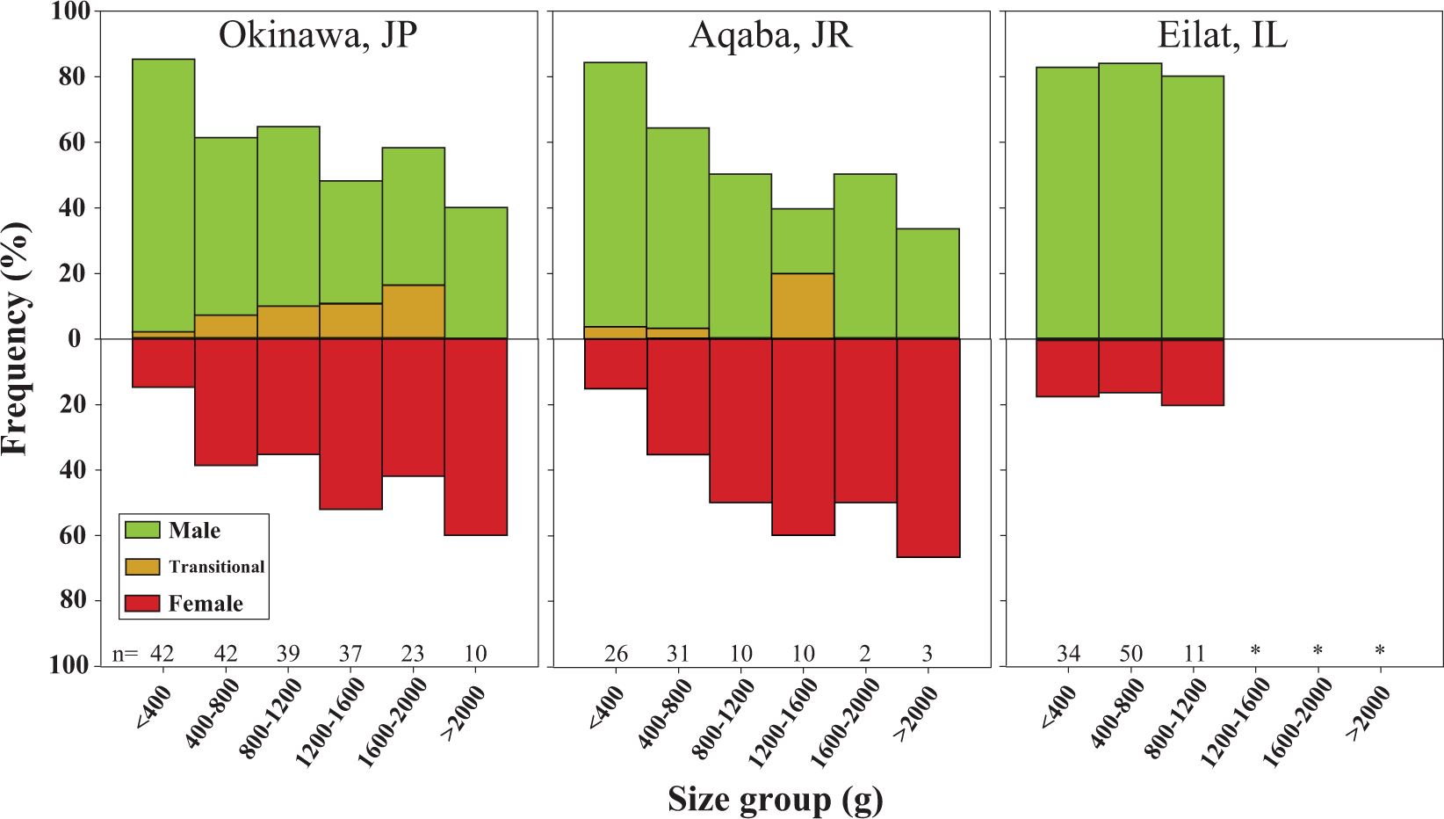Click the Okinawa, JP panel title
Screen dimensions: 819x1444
click(x=318, y=36)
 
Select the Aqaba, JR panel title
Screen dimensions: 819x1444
click(x=770, y=36)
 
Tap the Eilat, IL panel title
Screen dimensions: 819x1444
click(x=1222, y=36)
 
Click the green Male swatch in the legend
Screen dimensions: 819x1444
click(x=142, y=530)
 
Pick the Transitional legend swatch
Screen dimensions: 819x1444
click(x=142, y=567)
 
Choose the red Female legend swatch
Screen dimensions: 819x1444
click(x=142, y=604)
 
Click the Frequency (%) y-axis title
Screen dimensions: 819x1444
click(x=16, y=338)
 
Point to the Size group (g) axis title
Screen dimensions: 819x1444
click(x=775, y=800)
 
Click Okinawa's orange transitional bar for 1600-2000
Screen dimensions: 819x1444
click(x=413, y=312)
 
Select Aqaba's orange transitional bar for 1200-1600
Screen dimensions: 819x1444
click(x=803, y=306)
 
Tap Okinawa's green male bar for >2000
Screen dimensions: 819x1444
click(x=476, y=272)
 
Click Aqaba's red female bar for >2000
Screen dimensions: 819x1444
click(x=928, y=448)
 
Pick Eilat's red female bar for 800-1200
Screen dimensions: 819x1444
click(x=1193, y=372)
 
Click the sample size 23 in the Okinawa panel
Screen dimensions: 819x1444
click(x=413, y=654)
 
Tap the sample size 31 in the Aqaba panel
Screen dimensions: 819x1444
click(x=678, y=654)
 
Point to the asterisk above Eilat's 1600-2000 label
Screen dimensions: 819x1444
click(x=1318, y=651)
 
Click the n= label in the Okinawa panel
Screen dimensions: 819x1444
click(x=126, y=654)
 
